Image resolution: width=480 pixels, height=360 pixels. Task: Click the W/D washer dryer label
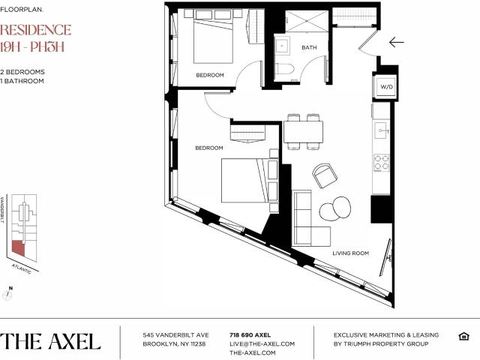click(x=386, y=87)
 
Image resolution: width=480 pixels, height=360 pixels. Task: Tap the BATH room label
click(x=309, y=47)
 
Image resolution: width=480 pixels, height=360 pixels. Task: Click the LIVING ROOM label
click(x=350, y=253)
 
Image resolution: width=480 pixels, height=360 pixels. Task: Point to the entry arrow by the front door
click(x=397, y=42)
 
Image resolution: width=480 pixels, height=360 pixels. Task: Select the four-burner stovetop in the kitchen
click(x=381, y=163)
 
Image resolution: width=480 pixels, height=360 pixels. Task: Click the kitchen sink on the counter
click(x=381, y=130)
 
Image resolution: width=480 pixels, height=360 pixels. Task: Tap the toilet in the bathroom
click(x=284, y=69)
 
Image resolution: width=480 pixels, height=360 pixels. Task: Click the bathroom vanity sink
click(x=282, y=46)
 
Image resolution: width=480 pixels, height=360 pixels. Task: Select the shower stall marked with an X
click(x=307, y=21)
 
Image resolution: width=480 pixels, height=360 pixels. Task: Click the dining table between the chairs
click(x=303, y=132)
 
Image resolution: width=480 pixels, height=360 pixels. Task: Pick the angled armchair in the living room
click(x=325, y=175)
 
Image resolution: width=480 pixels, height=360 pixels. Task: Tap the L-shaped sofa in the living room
click(x=310, y=218)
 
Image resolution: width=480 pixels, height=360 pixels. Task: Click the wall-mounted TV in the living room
click(x=386, y=257)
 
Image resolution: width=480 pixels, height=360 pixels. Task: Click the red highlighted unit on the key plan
click(x=18, y=247)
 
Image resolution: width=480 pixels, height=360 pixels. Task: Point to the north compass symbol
click(x=7, y=294)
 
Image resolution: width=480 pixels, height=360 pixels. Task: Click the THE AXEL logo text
click(x=50, y=341)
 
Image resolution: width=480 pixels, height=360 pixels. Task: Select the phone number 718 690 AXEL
click(x=250, y=335)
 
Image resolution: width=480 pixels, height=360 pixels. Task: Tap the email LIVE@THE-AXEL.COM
click(x=262, y=344)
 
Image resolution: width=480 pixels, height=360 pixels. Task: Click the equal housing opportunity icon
click(x=463, y=336)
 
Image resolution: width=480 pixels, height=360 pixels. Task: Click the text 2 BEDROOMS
click(x=22, y=72)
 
